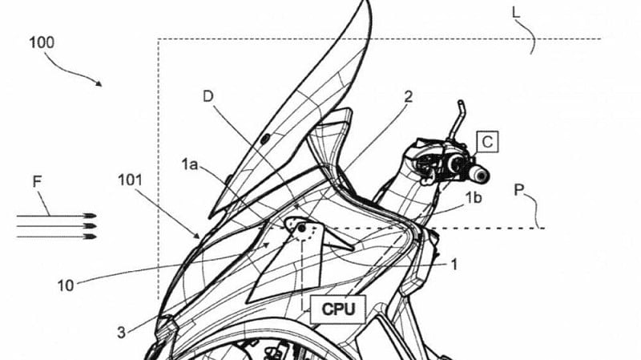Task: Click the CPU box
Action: (337, 309)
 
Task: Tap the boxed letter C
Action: (487, 142)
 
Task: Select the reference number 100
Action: (42, 42)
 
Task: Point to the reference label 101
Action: (130, 180)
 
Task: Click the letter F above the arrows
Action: (37, 182)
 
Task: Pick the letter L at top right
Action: (516, 12)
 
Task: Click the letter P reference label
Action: (518, 190)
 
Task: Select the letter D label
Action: (208, 96)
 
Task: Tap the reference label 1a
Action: (190, 164)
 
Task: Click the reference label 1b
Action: (474, 198)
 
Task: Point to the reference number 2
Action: (408, 97)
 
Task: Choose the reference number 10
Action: (66, 285)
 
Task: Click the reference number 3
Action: (121, 333)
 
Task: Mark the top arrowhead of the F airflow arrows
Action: (91, 216)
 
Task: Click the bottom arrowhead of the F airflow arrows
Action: (91, 237)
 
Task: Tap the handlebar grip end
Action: (481, 176)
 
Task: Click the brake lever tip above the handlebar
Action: (460, 103)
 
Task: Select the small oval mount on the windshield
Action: (265, 139)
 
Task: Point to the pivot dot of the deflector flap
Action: (302, 228)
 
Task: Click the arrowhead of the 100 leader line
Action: (99, 83)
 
